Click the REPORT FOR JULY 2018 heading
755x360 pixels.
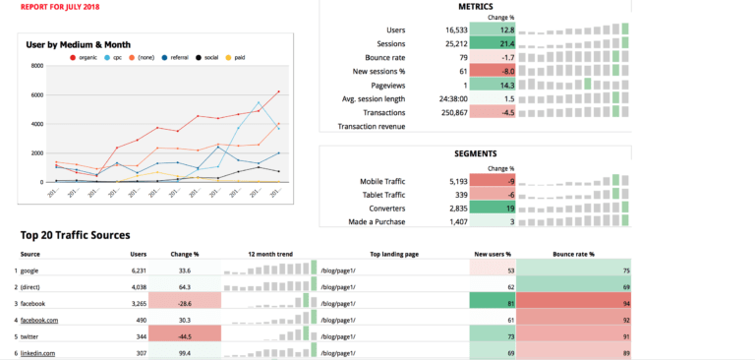(61, 7)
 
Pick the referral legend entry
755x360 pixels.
(175, 58)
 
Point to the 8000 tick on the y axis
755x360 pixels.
(37, 67)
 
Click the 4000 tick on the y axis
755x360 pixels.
(37, 124)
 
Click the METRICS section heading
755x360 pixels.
(476, 7)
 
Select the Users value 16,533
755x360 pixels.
(456, 30)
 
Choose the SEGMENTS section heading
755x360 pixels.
(476, 154)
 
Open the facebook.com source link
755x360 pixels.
(39, 320)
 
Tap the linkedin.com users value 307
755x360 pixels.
(139, 353)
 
